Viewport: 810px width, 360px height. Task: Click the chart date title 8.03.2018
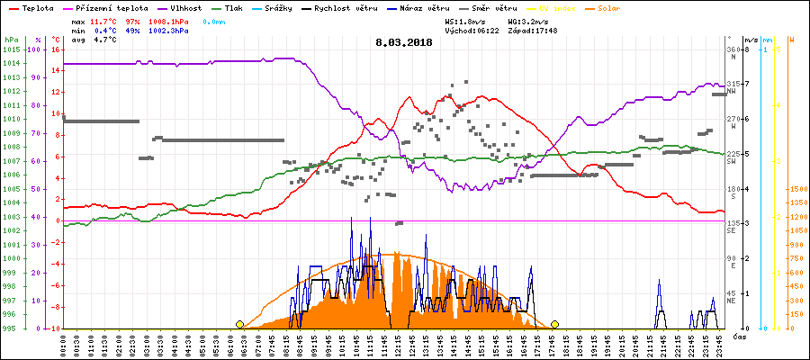click(x=405, y=42)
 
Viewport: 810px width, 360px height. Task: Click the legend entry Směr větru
click(x=493, y=7)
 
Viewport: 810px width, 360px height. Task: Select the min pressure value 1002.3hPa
click(x=171, y=31)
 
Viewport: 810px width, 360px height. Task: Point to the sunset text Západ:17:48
click(x=532, y=31)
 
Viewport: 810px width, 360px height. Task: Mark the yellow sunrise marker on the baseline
click(x=239, y=324)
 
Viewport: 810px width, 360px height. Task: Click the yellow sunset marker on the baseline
click(x=555, y=324)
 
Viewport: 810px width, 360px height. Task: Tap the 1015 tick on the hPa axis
click(x=12, y=49)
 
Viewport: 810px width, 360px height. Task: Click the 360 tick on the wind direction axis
click(x=732, y=49)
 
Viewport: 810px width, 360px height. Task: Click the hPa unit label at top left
click(x=11, y=40)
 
